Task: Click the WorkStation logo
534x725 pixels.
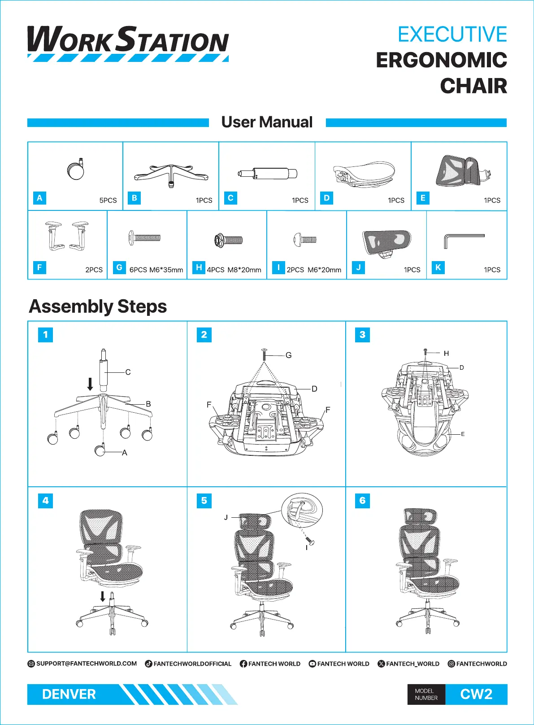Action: click(128, 43)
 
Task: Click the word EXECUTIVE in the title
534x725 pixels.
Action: click(452, 35)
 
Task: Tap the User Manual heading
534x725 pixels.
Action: click(267, 122)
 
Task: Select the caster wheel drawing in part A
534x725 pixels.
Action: click(76, 170)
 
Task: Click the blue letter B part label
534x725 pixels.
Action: click(135, 198)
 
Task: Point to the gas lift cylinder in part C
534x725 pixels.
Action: click(268, 174)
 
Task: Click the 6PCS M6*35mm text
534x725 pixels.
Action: click(156, 270)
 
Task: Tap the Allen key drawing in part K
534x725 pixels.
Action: click(464, 240)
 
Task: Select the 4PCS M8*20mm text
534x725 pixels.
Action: click(234, 270)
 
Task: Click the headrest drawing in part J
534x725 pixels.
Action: click(386, 243)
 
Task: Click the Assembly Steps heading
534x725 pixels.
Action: click(98, 306)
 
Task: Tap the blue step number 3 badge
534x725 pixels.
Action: click(362, 335)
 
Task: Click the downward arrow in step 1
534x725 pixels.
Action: click(90, 384)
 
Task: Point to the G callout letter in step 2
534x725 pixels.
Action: click(288, 355)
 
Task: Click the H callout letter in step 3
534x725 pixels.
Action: click(446, 354)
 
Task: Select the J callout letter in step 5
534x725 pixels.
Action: click(226, 517)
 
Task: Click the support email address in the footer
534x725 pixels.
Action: click(86, 664)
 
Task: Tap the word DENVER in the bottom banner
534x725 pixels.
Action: click(69, 694)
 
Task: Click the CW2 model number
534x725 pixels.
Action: click(476, 694)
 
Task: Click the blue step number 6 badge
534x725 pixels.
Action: click(362, 501)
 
